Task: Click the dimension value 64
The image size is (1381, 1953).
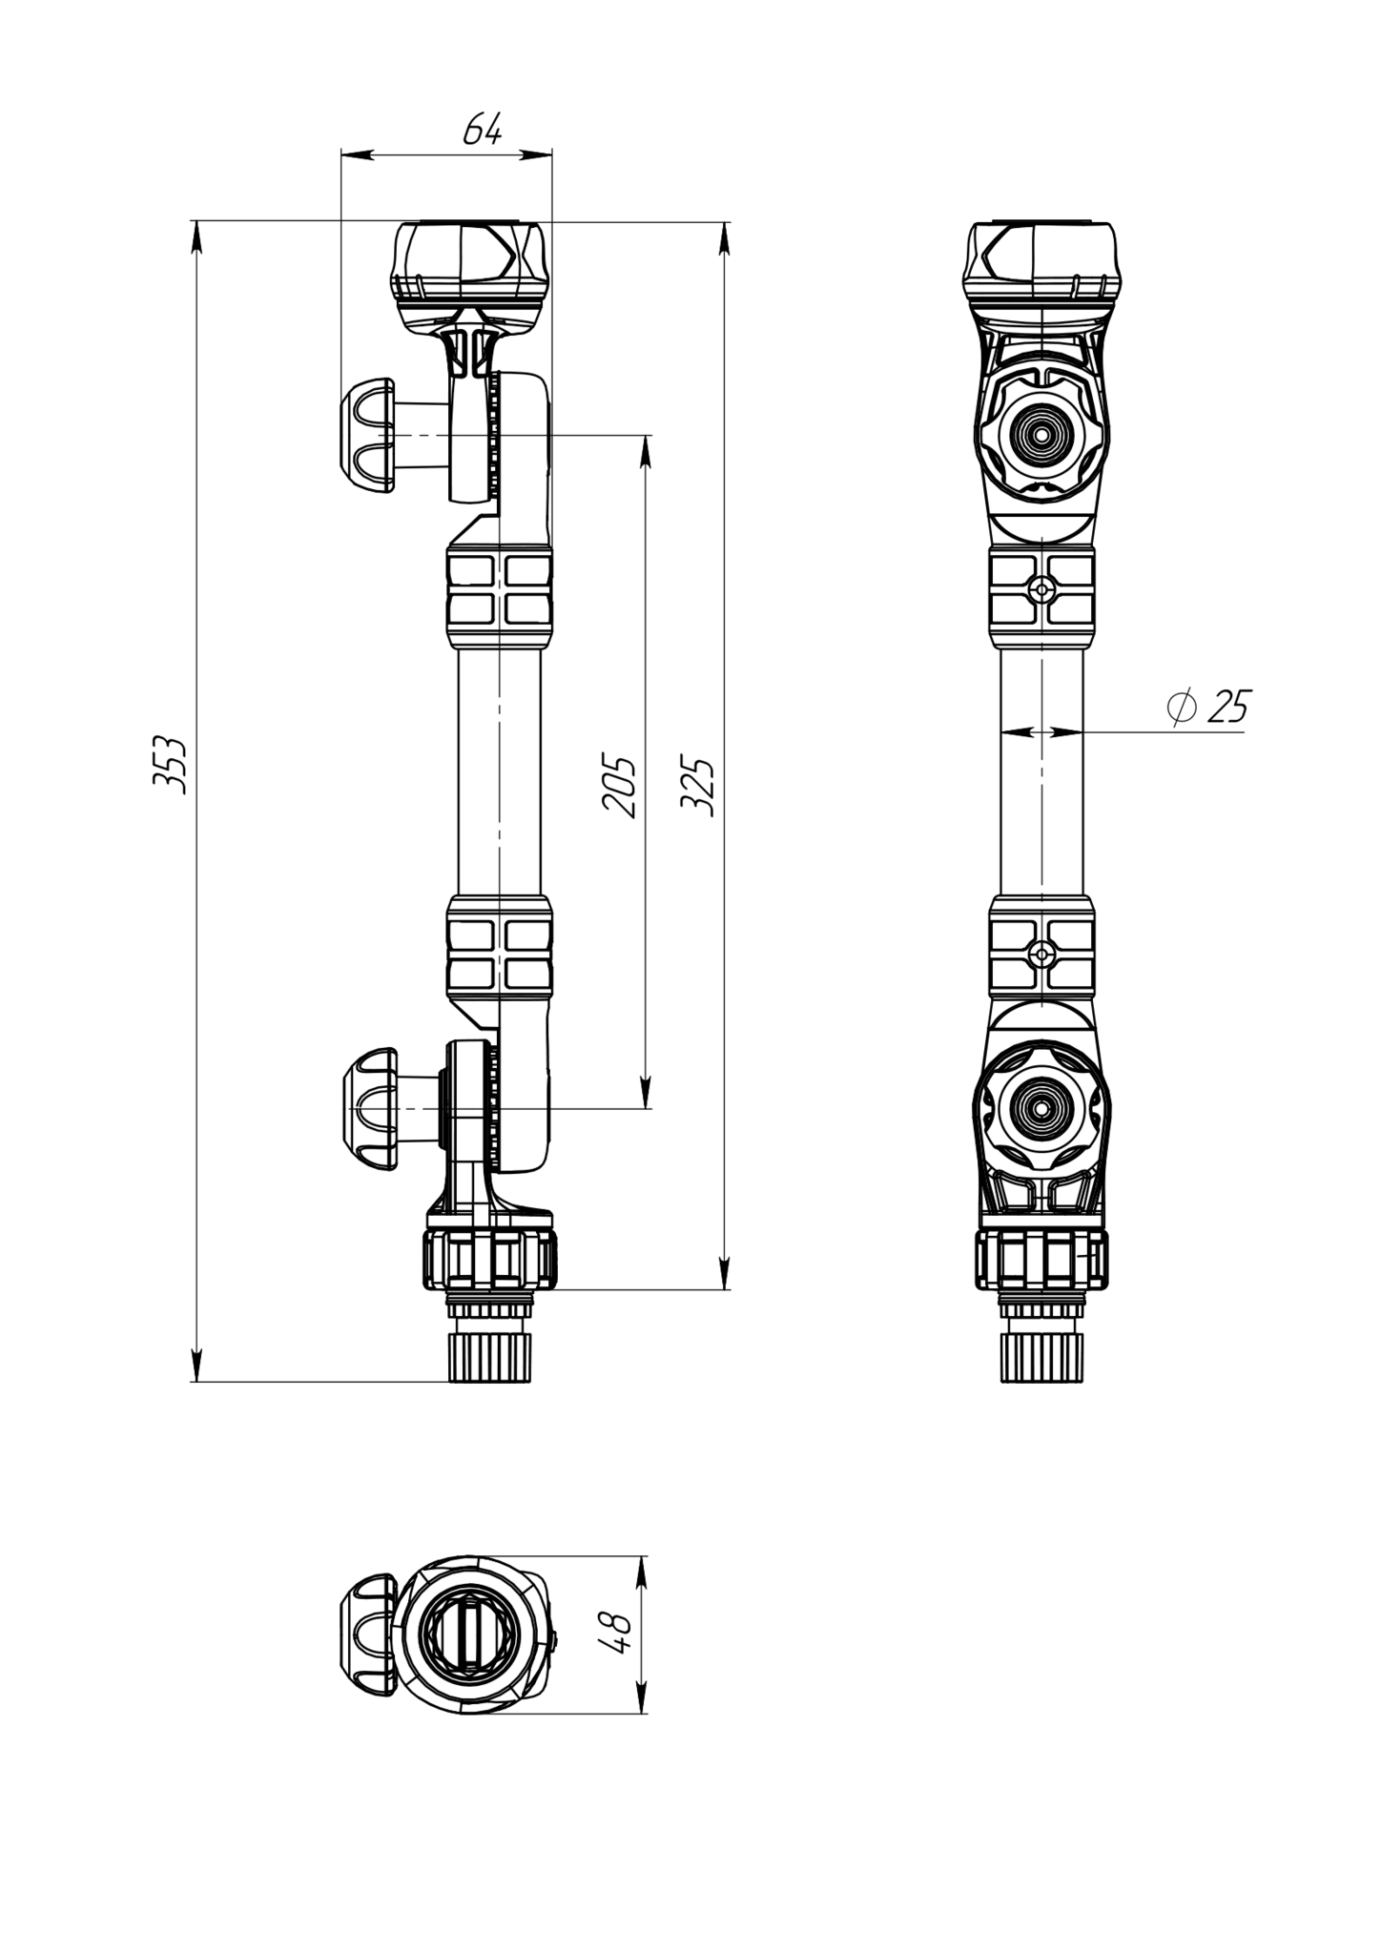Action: tap(483, 129)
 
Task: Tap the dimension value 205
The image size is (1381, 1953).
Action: tap(619, 786)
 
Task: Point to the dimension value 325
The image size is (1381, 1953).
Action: tap(697, 786)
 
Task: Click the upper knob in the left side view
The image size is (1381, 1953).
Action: tap(367, 436)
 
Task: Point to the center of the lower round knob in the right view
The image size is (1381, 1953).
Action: tap(1041, 1109)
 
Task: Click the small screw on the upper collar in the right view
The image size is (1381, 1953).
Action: tap(1042, 590)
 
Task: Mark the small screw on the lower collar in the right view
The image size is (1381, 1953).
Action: tap(1042, 953)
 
